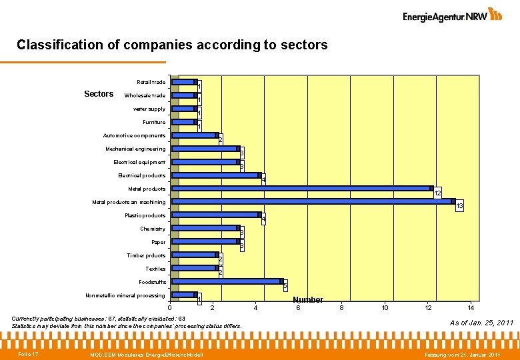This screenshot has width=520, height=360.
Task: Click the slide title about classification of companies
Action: pyautogui.click(x=172, y=45)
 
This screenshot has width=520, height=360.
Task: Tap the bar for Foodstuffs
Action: pyautogui.click(x=227, y=281)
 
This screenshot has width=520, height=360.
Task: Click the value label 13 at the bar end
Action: pyautogui.click(x=459, y=207)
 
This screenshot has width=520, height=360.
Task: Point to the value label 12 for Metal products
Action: pyautogui.click(x=437, y=193)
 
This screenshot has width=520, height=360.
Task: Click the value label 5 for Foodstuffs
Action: pyautogui.click(x=285, y=287)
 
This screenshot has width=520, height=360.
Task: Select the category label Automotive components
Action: pyautogui.click(x=134, y=135)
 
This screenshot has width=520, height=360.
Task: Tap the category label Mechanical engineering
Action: pyautogui.click(x=135, y=149)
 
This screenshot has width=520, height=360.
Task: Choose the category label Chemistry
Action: pyautogui.click(x=153, y=229)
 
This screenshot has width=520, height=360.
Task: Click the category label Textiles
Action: pyautogui.click(x=155, y=269)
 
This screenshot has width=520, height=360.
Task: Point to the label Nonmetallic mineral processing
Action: pyautogui.click(x=125, y=295)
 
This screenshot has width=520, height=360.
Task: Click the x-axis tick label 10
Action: pyautogui.click(x=385, y=307)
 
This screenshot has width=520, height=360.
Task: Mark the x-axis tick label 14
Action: pyautogui.click(x=471, y=307)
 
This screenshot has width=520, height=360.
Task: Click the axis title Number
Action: pyautogui.click(x=308, y=300)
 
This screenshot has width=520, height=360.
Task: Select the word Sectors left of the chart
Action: pyautogui.click(x=99, y=94)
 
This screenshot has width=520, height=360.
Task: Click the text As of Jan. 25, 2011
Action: pyautogui.click(x=481, y=323)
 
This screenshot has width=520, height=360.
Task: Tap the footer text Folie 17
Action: pyautogui.click(x=28, y=353)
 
